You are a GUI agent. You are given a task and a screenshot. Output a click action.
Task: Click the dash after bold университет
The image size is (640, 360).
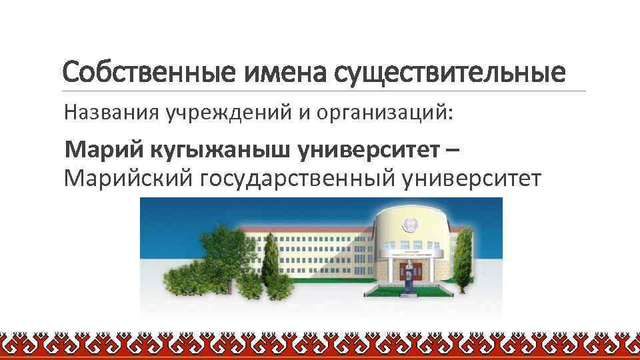coord(453,151)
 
